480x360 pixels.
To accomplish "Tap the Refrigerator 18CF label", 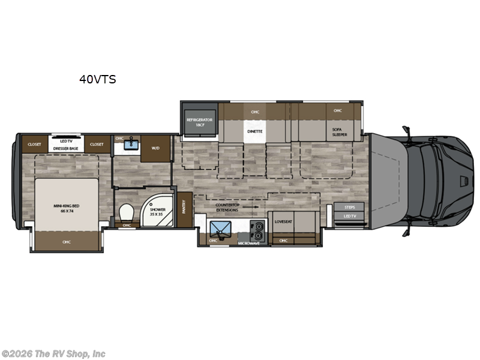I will point(200,122).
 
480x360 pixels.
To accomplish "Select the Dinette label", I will point(255,130).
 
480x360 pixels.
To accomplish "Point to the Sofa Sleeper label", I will point(340,131).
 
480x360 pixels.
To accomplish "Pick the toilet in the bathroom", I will point(126,213).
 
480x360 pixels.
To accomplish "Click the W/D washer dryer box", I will point(155,147).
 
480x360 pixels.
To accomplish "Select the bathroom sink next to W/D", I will point(131,145).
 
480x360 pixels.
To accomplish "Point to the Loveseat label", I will point(283,221).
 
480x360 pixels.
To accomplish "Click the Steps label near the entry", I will point(349,207).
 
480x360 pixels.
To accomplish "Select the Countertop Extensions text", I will point(227,208).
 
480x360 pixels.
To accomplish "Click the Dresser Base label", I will point(66,148).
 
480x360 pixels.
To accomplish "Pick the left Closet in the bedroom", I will point(35,144).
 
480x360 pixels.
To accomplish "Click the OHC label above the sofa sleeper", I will point(338,110).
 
